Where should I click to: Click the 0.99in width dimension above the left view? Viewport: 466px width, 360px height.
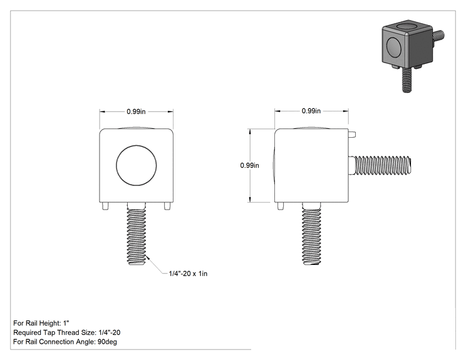tap(136, 111)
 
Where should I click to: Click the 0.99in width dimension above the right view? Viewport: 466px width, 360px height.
tap(311, 111)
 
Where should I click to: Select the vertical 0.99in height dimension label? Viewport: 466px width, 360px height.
tap(250, 165)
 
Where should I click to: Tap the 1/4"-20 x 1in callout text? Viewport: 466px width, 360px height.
tap(188, 274)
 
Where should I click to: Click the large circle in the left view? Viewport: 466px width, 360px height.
tap(136, 165)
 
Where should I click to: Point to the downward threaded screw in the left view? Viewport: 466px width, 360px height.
tap(137, 234)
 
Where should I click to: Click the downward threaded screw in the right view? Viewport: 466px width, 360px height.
tap(311, 234)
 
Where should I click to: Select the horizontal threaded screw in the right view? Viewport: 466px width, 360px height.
tap(380, 165)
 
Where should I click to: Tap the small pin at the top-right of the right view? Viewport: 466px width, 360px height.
tap(352, 135)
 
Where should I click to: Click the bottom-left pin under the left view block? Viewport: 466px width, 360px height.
tap(105, 206)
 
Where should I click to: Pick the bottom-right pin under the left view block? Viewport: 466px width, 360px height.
tap(167, 206)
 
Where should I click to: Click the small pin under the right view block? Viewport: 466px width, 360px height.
tap(281, 206)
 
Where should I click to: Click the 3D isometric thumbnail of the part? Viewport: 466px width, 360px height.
tap(413, 56)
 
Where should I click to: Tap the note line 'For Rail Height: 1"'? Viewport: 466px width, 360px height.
tap(41, 323)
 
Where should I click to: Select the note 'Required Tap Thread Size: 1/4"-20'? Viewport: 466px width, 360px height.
tap(67, 332)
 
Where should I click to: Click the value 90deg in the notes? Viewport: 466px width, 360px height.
tap(107, 342)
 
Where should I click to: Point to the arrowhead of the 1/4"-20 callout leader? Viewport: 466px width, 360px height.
tap(147, 257)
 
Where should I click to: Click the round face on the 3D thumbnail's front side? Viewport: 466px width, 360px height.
tap(394, 47)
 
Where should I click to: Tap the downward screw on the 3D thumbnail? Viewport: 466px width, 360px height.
tap(407, 80)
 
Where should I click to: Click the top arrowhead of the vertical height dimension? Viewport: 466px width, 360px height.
tap(250, 131)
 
